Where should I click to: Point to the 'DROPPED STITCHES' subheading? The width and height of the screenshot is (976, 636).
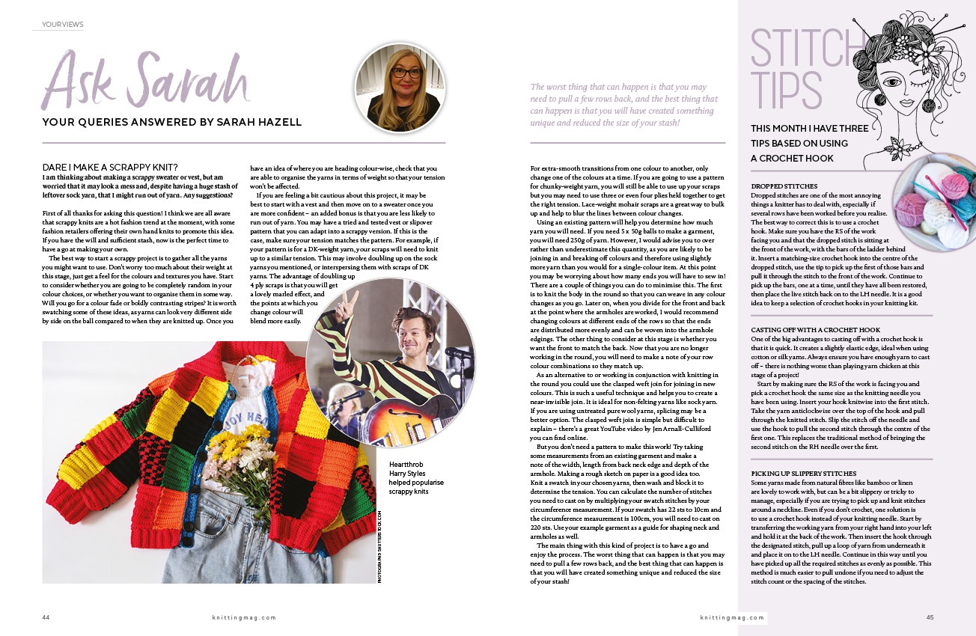[784, 186]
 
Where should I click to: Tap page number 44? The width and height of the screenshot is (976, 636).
[46, 617]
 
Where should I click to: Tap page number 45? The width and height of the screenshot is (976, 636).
[930, 617]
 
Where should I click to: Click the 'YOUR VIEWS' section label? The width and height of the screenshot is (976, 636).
[63, 25]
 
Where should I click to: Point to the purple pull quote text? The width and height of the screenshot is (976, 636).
[623, 104]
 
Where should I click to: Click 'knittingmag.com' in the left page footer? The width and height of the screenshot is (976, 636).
[244, 617]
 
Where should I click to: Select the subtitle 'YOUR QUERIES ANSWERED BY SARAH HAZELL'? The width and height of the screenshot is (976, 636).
[173, 122]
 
